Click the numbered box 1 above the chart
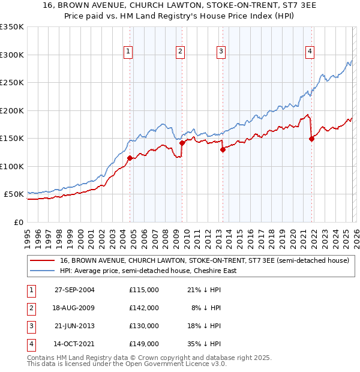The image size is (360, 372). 128,52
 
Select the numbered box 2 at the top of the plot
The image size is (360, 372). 180,52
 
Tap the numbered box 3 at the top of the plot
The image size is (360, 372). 221,52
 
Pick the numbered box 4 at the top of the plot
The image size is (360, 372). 310,52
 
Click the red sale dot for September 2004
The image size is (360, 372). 130,158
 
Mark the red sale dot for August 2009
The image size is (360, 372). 182,143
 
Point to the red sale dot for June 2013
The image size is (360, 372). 223,150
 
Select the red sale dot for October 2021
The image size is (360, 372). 311,139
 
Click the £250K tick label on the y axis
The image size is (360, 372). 12,83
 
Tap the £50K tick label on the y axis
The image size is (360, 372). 14,194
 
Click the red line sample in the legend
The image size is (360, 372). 43,260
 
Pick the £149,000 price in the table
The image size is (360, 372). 143,344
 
